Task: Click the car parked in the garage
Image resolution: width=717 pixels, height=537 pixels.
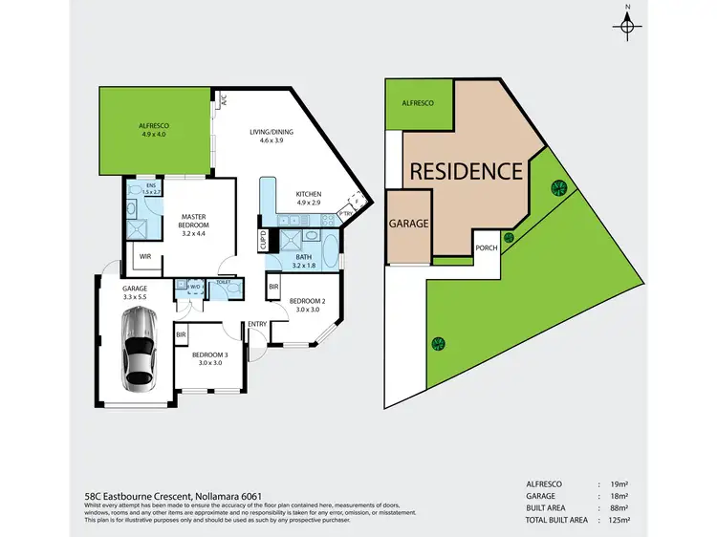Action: point(140,348)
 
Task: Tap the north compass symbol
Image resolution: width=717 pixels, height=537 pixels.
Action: point(627,25)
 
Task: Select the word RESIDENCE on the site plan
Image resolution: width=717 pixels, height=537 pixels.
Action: point(467,172)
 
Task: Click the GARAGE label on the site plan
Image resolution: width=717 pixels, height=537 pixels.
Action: point(407,225)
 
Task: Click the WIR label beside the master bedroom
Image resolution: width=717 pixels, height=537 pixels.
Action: point(144,256)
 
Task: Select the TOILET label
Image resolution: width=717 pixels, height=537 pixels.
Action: point(224,283)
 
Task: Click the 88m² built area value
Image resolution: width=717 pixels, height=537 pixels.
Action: point(619,510)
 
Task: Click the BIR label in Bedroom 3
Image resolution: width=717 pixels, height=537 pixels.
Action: point(181,335)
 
